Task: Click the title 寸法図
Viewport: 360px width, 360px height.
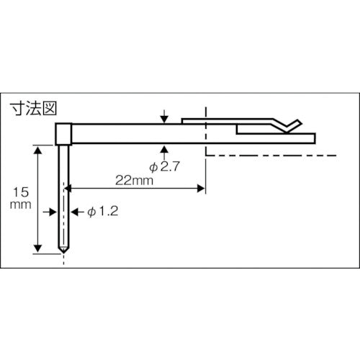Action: (x=35, y=110)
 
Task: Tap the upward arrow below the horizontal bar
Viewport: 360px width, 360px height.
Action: (x=165, y=150)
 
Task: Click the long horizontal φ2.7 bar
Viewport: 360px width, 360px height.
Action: (x=144, y=134)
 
